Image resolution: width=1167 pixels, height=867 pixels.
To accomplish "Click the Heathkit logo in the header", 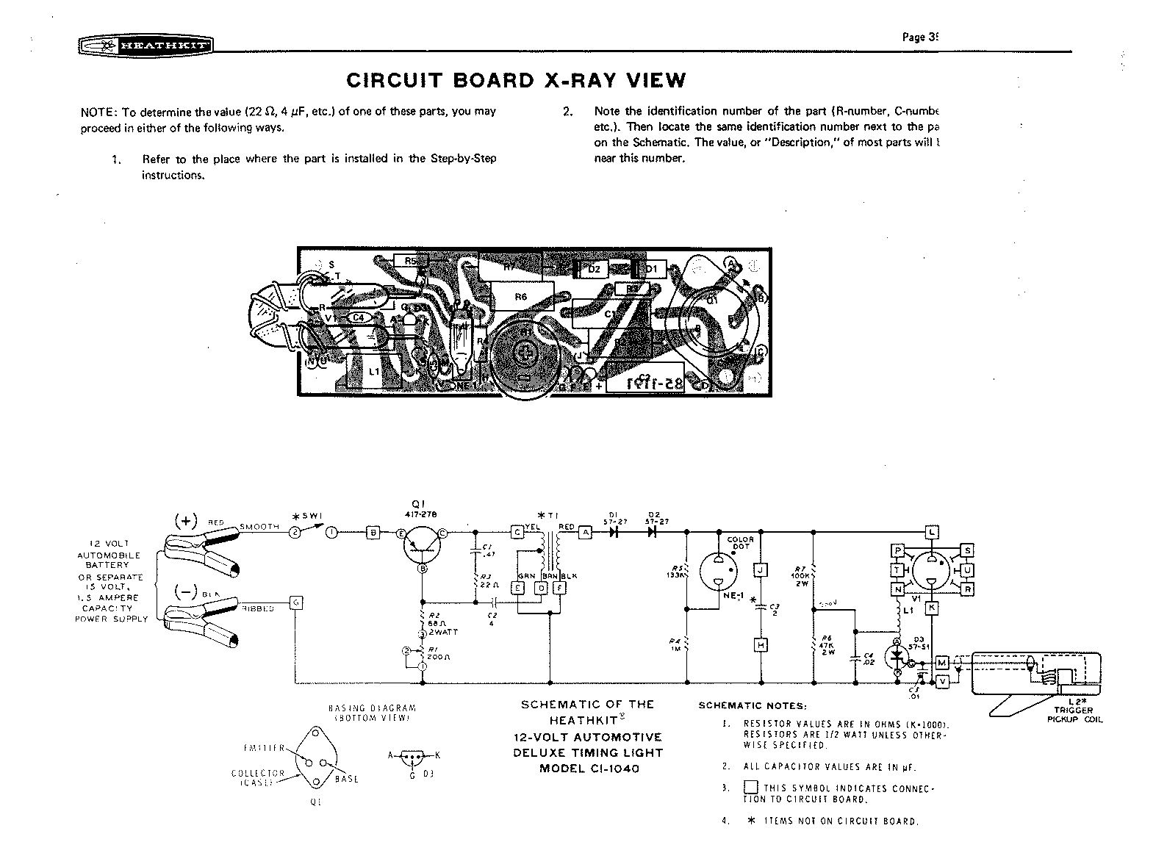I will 146,46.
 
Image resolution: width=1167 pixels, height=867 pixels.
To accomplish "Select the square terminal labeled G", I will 296,602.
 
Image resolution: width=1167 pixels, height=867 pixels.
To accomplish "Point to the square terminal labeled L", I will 932,532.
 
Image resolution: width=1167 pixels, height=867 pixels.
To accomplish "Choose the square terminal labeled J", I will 761,570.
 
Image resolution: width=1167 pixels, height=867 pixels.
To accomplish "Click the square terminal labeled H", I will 761,645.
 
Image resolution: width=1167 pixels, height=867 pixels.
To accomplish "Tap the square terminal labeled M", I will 943,663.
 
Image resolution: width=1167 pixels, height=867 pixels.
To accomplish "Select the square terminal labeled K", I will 931,608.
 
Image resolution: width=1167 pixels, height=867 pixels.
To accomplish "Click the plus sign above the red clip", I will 185,521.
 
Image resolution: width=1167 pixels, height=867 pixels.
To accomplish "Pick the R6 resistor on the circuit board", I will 520,297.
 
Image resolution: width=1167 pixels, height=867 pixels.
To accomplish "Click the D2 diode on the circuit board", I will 594,270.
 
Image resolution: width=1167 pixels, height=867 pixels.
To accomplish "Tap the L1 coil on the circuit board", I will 374,371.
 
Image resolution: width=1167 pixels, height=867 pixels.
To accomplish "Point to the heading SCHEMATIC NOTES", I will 753,706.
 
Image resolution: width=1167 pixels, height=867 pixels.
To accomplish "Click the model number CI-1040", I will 589,769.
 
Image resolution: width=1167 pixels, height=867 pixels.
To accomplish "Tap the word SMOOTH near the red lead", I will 259,527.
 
